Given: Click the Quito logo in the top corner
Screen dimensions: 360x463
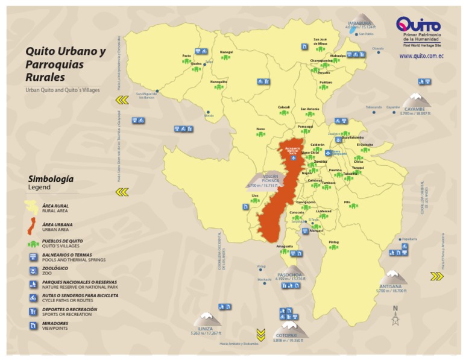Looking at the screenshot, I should (418, 26).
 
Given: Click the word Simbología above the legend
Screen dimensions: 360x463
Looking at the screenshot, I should (51, 179).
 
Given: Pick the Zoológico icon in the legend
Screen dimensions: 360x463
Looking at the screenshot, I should (34, 271).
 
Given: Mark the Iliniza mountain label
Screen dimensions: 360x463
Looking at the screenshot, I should (206, 330).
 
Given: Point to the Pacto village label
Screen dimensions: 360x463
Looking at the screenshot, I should (186, 55).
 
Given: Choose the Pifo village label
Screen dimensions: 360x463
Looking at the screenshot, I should (347, 203).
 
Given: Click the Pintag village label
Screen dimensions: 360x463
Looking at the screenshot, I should (333, 242).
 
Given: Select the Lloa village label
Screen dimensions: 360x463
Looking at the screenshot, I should (255, 195).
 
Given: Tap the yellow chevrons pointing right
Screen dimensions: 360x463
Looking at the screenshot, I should (437, 277).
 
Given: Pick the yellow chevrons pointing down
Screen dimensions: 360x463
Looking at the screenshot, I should (260, 333).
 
